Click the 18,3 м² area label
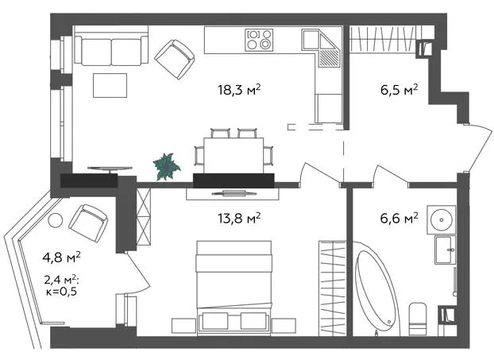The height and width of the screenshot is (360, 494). point(239,90)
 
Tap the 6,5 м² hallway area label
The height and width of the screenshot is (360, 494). point(399,90)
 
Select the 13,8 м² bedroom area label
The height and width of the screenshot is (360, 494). point(239,218)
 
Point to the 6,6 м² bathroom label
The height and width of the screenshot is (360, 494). point(399,218)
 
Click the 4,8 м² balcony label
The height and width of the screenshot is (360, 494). point(61,257)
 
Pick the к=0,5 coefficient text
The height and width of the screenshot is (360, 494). point(61,292)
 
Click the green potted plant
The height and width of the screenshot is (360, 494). point(166,166)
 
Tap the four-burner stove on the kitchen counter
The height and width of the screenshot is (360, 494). point(259,40)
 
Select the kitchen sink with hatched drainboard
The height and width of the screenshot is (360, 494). point(322,48)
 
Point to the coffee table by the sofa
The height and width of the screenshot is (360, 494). point(110,85)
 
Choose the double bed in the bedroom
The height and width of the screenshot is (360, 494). point(233,288)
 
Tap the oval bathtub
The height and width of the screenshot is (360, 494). point(376,288)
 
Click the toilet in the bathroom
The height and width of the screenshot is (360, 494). point(418,319)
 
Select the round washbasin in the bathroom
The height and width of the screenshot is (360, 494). point(442,219)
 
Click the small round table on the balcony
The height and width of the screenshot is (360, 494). point(56,220)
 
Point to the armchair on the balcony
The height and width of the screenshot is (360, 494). point(88,223)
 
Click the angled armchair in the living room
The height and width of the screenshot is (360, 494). point(174,60)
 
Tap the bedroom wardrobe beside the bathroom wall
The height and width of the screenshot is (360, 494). point(332,288)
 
